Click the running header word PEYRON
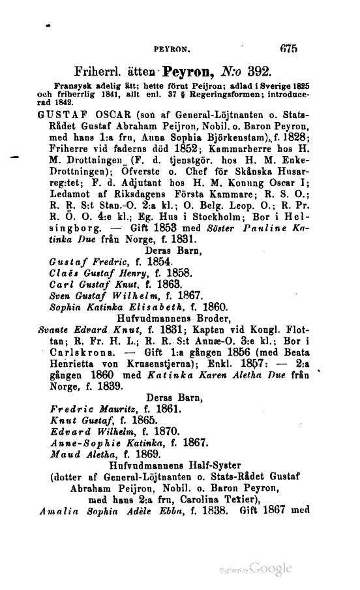(x=171, y=48)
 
